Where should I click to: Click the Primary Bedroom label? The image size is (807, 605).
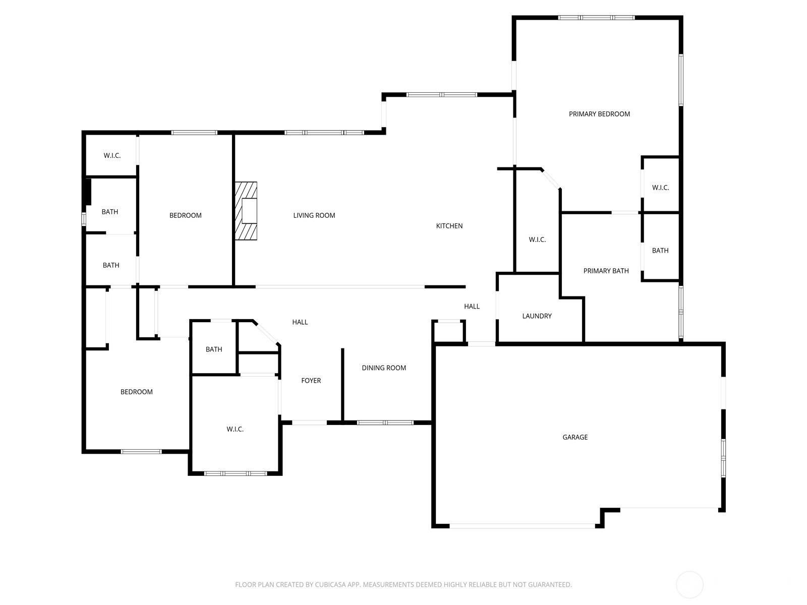[599, 114]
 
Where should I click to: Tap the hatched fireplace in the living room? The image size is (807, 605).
[246, 211]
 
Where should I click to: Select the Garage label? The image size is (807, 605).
[575, 437]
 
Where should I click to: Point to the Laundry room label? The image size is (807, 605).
[537, 316]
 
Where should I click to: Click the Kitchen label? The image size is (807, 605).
[449, 226]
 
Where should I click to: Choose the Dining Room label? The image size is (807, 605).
[383, 368]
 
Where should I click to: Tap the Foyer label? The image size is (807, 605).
[311, 381]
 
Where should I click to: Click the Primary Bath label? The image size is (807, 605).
[606, 271]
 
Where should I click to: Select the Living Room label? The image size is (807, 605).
[314, 215]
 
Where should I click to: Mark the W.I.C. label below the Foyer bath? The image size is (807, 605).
[235, 429]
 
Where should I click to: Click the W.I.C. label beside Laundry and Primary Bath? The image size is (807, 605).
[537, 239]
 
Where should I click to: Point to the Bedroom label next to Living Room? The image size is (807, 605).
[185, 215]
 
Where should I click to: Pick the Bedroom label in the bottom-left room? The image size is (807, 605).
[136, 392]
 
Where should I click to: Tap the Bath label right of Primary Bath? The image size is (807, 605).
[660, 251]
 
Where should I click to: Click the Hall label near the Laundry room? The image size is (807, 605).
[472, 306]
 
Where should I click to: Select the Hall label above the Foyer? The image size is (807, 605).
[300, 322]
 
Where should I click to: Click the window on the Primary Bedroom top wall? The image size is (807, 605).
[596, 18]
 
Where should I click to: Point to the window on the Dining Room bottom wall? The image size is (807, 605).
[385, 422]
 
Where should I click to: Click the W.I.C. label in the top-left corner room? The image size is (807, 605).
[112, 155]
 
